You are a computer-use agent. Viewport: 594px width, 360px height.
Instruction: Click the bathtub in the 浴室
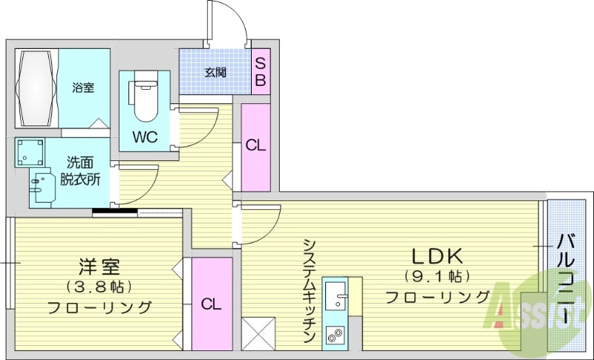(36, 89)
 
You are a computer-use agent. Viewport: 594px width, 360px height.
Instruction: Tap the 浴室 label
(83, 88)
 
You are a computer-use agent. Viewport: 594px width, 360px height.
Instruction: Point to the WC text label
(144, 137)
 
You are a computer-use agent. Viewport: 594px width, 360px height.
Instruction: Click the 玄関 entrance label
(215, 72)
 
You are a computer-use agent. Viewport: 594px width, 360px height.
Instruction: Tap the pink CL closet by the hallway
(255, 146)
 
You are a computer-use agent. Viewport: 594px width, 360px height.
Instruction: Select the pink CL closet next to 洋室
(212, 304)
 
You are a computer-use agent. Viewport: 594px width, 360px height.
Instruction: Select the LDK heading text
(437, 257)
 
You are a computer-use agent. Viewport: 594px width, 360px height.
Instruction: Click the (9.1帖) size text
(437, 277)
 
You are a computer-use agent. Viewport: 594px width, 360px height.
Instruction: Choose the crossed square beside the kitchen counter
(258, 333)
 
